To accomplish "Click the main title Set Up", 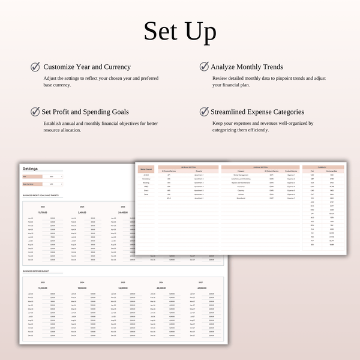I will tap(179, 31).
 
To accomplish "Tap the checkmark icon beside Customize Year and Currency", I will tap(35, 67).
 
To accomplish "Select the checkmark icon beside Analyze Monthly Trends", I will tap(204, 67).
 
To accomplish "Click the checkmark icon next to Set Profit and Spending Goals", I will tap(35, 111).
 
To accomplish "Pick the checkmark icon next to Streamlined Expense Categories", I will tap(204, 111).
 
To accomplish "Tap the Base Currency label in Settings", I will tap(29, 184).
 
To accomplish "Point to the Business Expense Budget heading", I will tap(35, 271).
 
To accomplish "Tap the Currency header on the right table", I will tap(323, 167).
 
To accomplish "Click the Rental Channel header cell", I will tap(146, 170).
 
